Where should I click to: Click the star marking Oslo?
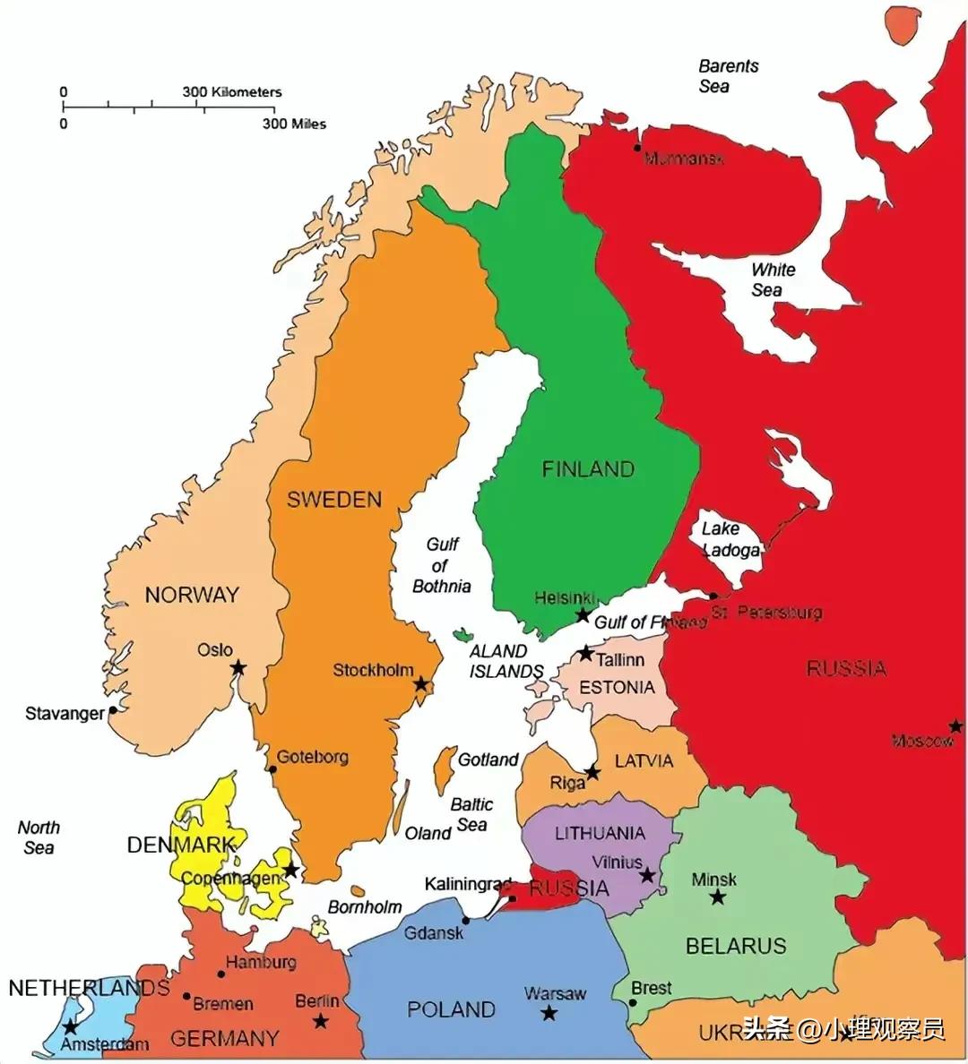click(238, 667)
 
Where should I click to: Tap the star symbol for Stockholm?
click(421, 685)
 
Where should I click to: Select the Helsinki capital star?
click(583, 615)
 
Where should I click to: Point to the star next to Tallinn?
click(585, 653)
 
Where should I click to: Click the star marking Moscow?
click(956, 725)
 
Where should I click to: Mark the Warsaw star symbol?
click(549, 1013)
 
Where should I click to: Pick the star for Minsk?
click(717, 897)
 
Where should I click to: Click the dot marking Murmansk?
click(637, 148)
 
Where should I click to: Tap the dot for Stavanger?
click(114, 710)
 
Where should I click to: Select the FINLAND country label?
click(588, 469)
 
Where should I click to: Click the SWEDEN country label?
click(333, 500)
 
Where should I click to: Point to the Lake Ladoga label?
click(730, 539)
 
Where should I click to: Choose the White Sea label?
click(772, 279)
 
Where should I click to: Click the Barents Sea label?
click(728, 76)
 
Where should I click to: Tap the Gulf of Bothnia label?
click(441, 565)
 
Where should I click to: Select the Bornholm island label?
click(364, 907)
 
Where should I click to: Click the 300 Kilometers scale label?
click(232, 92)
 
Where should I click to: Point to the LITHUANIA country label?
click(600, 834)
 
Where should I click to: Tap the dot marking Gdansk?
click(465, 920)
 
